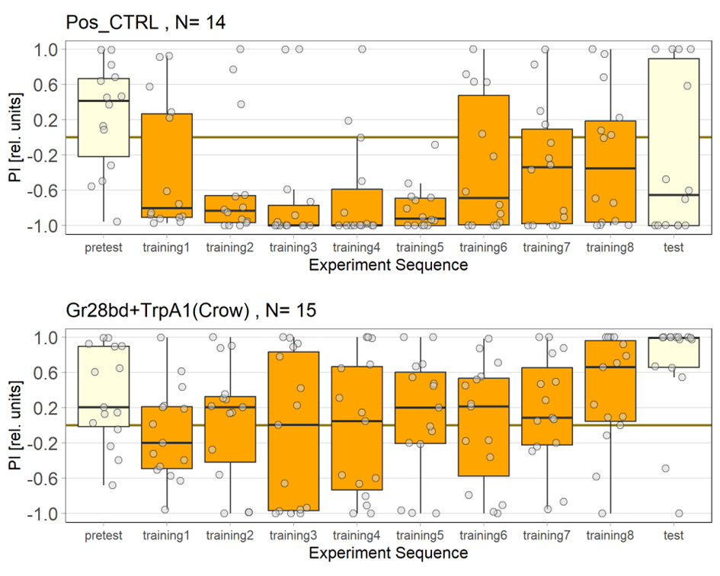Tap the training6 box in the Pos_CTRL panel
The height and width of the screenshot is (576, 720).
[x=484, y=160]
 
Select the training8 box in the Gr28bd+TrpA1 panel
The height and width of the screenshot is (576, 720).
[x=610, y=381]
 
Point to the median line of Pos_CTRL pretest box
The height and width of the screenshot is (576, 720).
[x=104, y=101]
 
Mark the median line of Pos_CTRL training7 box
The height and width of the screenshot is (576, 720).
[x=547, y=168]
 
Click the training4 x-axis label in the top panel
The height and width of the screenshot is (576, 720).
[x=357, y=248]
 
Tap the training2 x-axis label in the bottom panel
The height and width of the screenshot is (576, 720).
[x=230, y=536]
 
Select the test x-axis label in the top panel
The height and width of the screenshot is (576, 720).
[x=674, y=248]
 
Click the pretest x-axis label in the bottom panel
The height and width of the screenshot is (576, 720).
[x=104, y=536]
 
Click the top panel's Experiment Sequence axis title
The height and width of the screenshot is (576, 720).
[x=389, y=265]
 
